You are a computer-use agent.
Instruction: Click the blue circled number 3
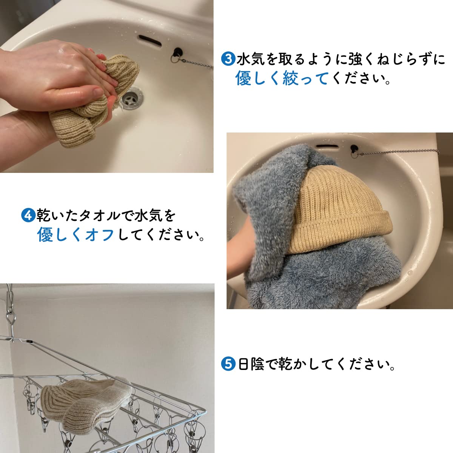pos(228,59)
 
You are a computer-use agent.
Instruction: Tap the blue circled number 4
pos(28,215)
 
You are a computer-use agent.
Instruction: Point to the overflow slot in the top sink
pos(150,40)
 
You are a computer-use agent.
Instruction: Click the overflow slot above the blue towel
pos(327,146)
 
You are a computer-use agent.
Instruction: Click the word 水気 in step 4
pos(149,215)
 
